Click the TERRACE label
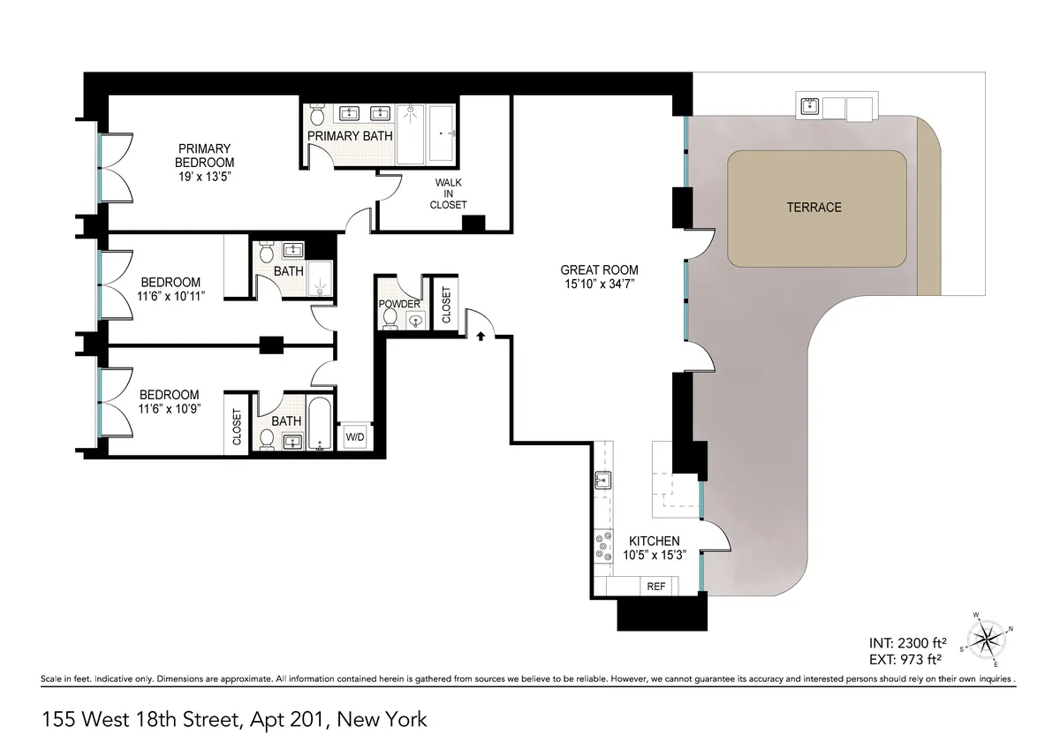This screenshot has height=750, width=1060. pos(814,208)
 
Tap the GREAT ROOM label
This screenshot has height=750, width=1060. pos(599,270)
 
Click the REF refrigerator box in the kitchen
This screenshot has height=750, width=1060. pos(655,587)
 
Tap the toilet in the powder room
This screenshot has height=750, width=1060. pos(390,318)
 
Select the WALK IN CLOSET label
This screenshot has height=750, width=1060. pos(449,193)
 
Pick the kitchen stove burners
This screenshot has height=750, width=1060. pos(603,545)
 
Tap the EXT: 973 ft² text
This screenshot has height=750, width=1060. pos(909,658)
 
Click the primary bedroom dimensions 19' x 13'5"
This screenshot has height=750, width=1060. pos(204,177)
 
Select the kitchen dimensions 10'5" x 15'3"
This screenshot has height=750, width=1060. pos(654,556)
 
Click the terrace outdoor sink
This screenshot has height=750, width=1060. pos(809,107)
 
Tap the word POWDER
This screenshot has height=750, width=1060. pos(399,304)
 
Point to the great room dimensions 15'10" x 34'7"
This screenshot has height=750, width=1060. pos(599,284)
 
